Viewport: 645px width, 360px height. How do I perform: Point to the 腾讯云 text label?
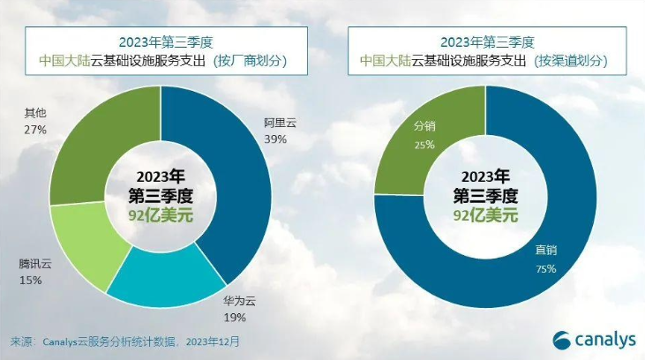tap(35, 263)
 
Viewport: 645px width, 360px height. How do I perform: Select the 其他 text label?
tap(34, 112)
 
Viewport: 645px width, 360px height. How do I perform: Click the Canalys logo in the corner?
tap(591, 338)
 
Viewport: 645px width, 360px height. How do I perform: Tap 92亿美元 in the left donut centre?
tap(161, 214)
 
